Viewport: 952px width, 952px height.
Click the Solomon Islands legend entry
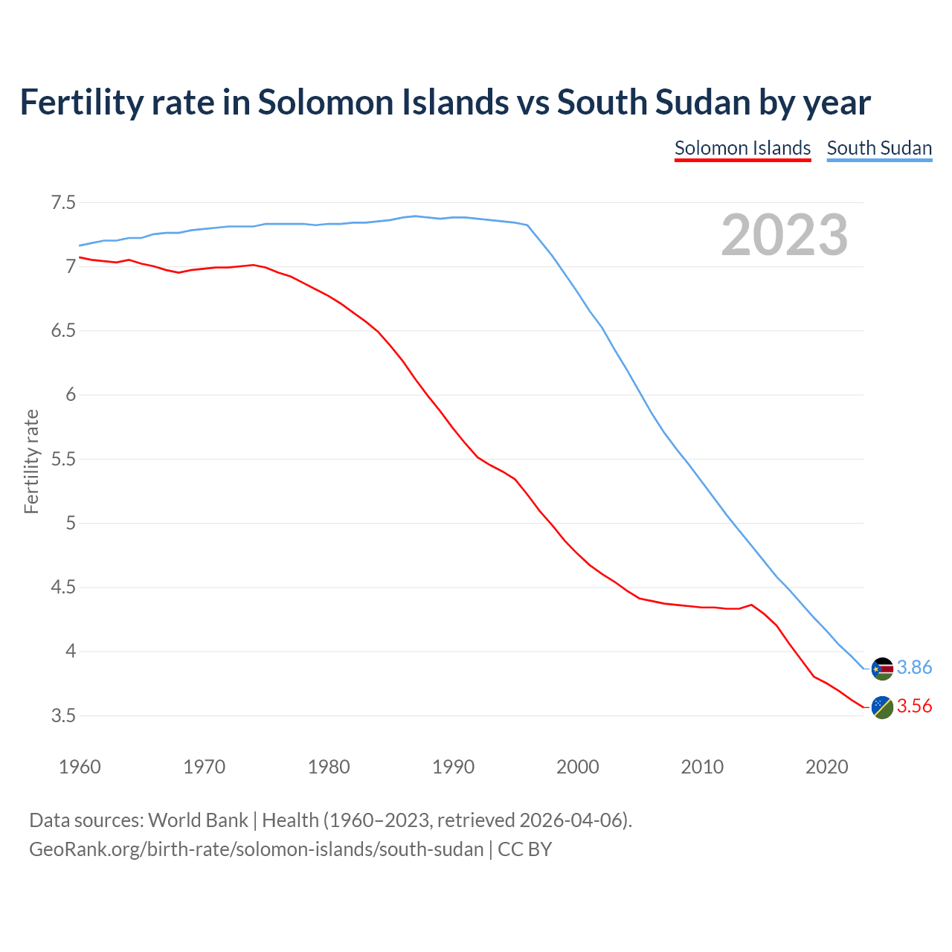742,148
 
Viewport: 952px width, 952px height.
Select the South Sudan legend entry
879,148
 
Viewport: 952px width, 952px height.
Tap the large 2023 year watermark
785,235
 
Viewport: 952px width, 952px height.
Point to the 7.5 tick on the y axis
63,202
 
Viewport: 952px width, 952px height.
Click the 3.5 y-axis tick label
63,715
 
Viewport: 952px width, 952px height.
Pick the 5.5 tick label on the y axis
63,459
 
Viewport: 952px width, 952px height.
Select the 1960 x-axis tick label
80,767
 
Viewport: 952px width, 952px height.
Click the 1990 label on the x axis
453,767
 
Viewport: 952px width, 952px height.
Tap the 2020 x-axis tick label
826,767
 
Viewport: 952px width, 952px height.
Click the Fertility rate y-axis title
31,461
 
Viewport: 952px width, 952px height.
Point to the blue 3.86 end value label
914,668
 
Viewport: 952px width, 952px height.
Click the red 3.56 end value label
914,707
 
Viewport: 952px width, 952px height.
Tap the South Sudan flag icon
882,669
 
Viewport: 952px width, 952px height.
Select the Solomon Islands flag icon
882,707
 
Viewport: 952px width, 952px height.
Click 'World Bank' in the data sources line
198,820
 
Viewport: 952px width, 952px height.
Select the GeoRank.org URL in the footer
256,849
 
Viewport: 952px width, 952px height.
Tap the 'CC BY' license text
525,849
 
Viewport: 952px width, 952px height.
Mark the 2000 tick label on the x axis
577,767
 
